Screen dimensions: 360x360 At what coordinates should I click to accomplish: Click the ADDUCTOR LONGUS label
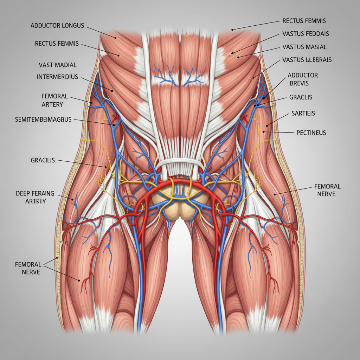[57, 26]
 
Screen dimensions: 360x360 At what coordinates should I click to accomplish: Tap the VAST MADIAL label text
[58, 65]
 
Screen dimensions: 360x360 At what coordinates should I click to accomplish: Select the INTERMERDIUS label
[57, 77]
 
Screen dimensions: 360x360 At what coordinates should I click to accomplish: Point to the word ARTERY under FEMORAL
[52, 104]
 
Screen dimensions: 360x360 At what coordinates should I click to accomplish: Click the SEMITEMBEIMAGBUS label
[43, 120]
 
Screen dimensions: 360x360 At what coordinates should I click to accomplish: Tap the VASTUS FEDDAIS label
[306, 34]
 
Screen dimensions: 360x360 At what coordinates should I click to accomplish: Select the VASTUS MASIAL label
[304, 47]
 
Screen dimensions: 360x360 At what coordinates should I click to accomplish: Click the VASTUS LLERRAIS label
[307, 60]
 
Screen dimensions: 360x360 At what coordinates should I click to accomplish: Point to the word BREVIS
[299, 83]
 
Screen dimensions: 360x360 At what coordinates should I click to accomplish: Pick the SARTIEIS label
[303, 113]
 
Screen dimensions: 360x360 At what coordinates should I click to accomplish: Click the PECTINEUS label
[311, 133]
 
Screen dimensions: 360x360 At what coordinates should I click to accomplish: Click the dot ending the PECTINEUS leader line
[264, 132]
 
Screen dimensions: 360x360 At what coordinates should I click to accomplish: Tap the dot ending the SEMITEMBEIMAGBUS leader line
[114, 125]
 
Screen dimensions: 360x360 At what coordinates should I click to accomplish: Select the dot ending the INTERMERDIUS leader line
[112, 91]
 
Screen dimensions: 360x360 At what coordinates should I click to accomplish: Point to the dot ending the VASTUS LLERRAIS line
[253, 77]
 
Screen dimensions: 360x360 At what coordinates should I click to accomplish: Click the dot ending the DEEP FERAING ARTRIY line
[72, 200]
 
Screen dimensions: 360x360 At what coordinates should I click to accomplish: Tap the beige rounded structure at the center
[180, 204]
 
